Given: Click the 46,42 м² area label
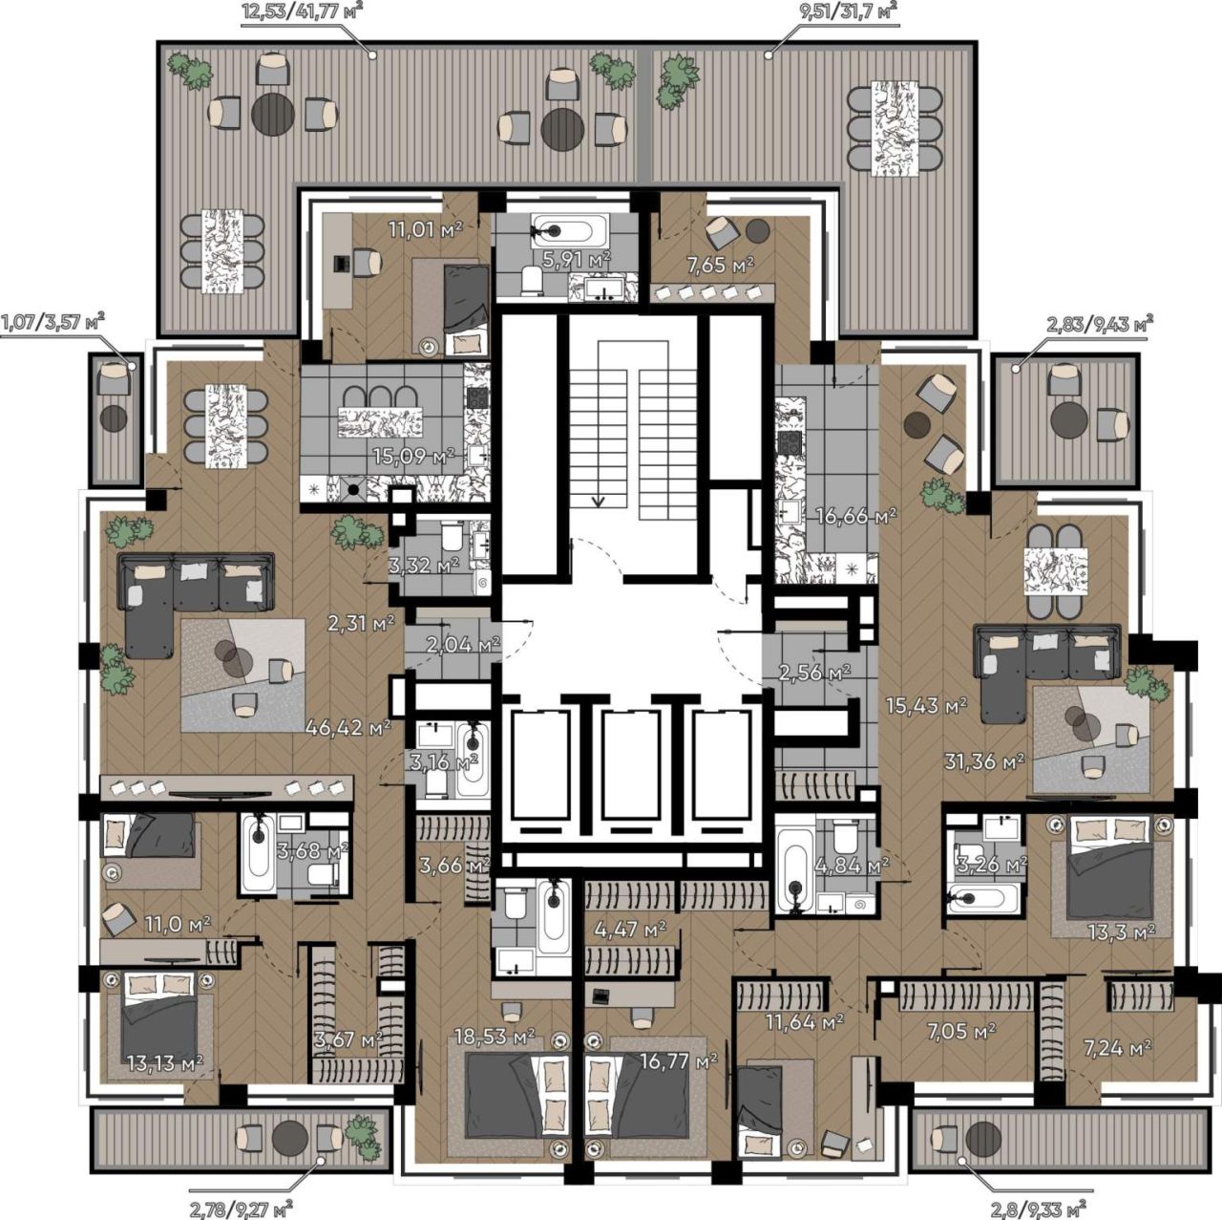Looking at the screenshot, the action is pyautogui.click(x=347, y=727).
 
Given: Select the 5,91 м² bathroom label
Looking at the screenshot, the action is pyautogui.click(x=577, y=258).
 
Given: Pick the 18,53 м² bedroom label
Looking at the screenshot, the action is pyautogui.click(x=495, y=1037).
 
